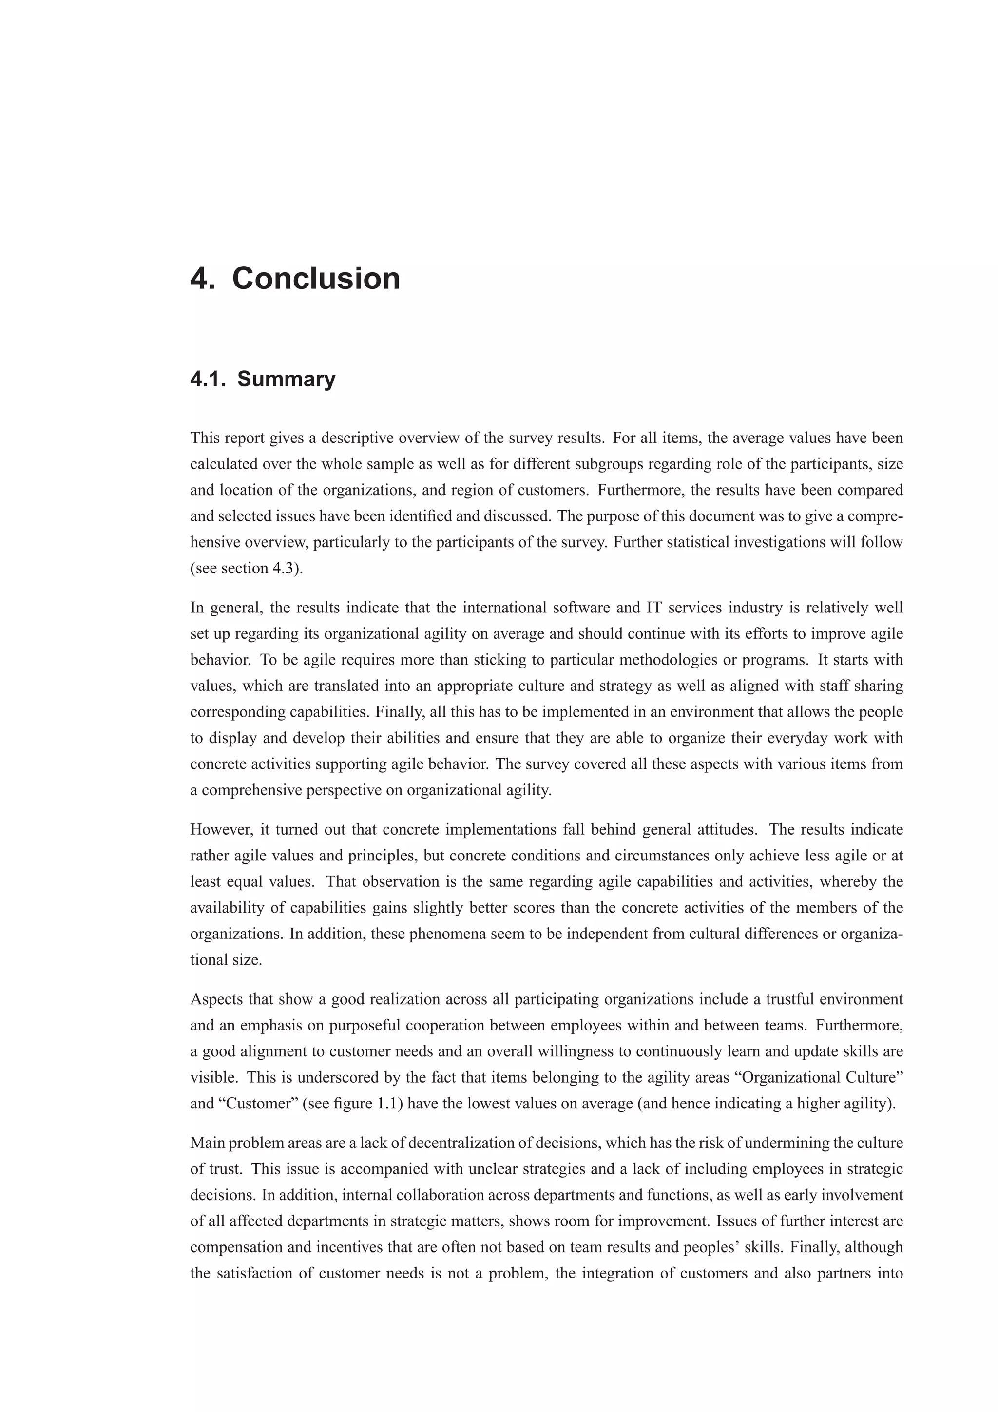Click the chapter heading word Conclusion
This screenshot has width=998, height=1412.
(316, 279)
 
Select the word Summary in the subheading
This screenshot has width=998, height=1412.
(286, 379)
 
